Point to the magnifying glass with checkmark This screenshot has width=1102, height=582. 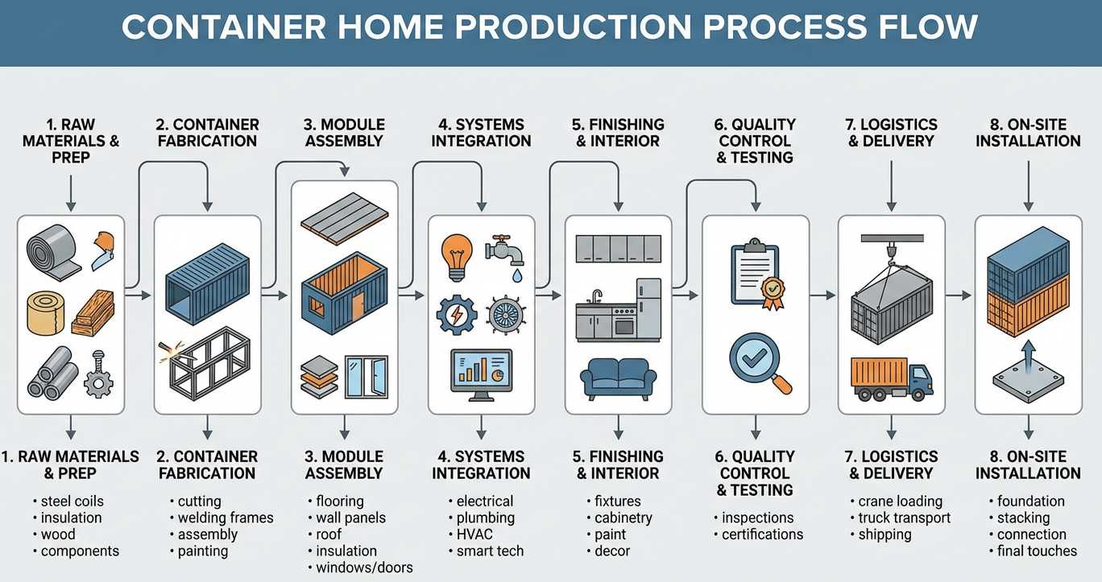(x=756, y=361)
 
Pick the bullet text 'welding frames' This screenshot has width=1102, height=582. (x=226, y=518)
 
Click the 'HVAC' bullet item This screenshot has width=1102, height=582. (x=474, y=535)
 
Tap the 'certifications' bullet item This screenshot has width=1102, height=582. (x=762, y=535)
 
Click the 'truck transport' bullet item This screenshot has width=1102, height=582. (x=904, y=518)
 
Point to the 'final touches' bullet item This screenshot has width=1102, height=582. (x=1037, y=551)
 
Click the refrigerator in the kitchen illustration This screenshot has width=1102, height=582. (x=648, y=309)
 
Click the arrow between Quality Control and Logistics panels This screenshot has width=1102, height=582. (x=822, y=295)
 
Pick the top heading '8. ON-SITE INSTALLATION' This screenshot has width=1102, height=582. (x=1028, y=133)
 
